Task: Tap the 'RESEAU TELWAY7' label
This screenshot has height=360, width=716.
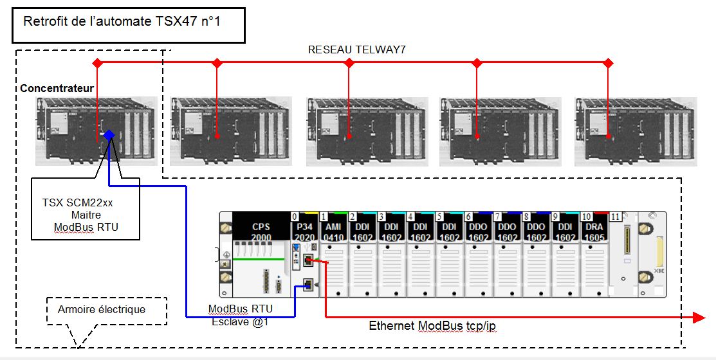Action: (356, 50)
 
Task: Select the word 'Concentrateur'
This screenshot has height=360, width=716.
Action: (57, 88)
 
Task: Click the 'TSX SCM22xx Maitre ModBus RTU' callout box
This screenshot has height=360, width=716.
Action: (86, 214)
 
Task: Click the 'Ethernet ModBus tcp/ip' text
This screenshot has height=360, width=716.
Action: (432, 326)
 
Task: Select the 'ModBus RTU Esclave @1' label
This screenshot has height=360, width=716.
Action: (240, 315)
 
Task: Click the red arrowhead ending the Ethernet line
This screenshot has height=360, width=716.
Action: (699, 317)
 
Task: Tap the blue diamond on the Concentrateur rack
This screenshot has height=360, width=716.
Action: (109, 134)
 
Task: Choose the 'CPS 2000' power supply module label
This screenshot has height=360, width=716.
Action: (261, 231)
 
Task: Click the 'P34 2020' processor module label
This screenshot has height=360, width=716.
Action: (304, 231)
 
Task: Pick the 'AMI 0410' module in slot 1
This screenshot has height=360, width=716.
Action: (333, 231)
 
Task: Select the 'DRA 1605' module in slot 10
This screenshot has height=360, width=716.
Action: (594, 231)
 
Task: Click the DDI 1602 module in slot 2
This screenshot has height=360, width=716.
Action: (362, 231)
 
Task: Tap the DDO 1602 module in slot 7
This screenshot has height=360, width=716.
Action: (507, 231)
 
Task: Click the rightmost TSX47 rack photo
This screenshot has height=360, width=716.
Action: (636, 131)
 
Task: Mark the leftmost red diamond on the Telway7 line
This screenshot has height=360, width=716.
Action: (97, 63)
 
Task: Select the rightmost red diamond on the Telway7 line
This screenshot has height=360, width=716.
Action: (608, 63)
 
